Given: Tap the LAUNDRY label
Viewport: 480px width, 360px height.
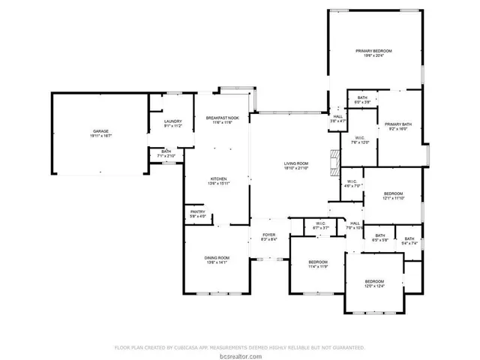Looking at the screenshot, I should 173,121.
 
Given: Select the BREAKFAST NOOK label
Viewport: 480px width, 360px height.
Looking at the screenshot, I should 223,118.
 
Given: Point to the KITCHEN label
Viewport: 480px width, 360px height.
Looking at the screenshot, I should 218,178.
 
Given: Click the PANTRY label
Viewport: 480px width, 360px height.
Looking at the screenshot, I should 197,212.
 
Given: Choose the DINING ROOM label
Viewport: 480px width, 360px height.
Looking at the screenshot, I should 217,258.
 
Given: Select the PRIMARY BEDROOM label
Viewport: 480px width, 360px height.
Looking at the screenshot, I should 373,51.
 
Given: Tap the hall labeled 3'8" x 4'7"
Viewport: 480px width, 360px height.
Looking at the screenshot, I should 337,117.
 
